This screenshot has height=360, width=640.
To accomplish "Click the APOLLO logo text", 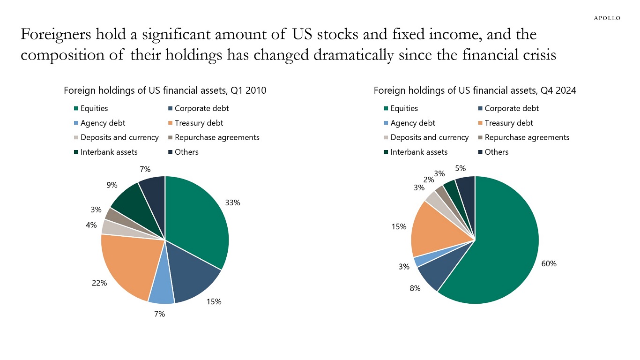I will point(607,18).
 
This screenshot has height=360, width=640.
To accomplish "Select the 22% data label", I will point(100,283).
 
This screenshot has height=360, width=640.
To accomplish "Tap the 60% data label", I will point(549,264).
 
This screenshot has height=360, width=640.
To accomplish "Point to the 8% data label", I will point(415,289).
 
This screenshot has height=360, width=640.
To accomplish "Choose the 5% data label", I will point(461,168).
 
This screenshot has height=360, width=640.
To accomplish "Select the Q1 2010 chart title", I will point(165,91).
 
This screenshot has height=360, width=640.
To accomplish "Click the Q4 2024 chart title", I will point(475,91).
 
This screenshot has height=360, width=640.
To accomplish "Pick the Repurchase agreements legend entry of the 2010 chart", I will point(216,137).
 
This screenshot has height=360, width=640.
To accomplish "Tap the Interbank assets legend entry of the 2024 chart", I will point(418,152).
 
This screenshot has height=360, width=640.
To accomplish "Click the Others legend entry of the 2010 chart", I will point(186,152).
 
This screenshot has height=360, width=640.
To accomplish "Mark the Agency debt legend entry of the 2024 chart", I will point(412,123).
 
